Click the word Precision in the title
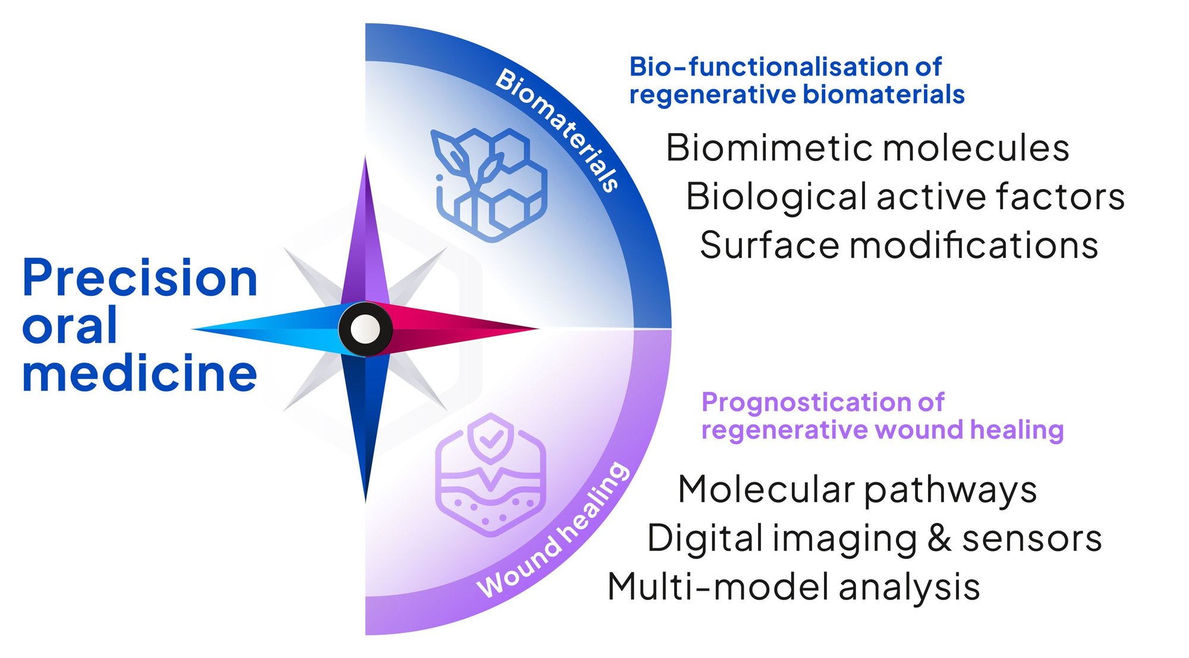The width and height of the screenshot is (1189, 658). point(140,278)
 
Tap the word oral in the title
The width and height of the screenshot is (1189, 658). point(70,326)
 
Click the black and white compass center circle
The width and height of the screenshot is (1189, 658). point(365,329)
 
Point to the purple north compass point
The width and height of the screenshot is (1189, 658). point(365,238)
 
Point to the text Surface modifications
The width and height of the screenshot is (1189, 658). point(898,245)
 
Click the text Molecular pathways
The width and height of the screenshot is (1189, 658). point(857,490)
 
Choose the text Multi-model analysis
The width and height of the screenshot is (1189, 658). point(793,587)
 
